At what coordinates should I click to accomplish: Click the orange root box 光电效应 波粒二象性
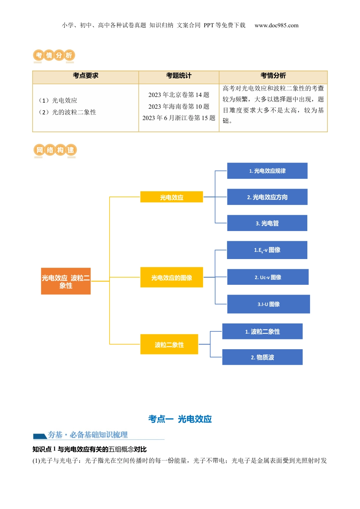[x=66, y=281]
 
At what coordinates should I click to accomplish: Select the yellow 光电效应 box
[x=171, y=197]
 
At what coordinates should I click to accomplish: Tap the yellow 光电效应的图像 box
[x=171, y=277]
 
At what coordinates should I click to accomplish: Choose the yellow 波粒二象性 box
[x=169, y=344]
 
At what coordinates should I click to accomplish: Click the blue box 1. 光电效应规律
[x=267, y=171]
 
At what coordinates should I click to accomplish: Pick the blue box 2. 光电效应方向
[x=267, y=197]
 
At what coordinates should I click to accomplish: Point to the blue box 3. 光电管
[x=267, y=223]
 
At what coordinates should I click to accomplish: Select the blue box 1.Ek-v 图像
[x=267, y=250]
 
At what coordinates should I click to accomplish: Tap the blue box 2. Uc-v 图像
[x=268, y=277]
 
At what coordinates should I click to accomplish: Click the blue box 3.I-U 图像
[x=268, y=304]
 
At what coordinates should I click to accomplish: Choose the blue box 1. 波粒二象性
[x=262, y=331]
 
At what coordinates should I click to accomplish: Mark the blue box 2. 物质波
[x=262, y=357]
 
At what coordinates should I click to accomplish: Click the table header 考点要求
[x=86, y=76]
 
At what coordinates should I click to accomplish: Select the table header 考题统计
[x=179, y=76]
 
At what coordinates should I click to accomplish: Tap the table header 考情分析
[x=273, y=76]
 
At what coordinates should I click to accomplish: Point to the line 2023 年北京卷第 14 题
[x=179, y=95]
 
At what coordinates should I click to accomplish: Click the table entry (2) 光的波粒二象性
[x=67, y=112]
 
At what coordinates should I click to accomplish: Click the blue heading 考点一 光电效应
[x=180, y=419]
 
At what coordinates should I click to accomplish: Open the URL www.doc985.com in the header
[x=277, y=25]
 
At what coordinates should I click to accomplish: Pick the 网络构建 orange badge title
[x=55, y=150]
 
